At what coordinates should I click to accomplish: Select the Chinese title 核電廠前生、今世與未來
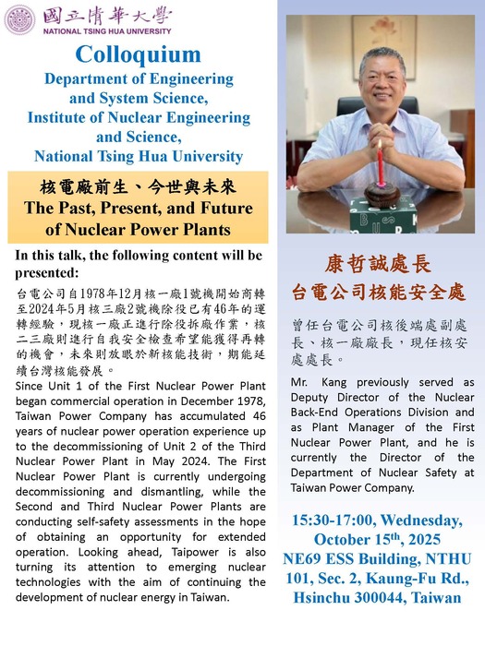tap(138, 184)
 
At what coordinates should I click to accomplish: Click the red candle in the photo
tap(380, 164)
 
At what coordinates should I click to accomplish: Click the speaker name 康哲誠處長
tap(379, 264)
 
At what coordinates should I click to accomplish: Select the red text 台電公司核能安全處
tap(379, 293)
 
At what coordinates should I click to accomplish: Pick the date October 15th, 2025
tap(379, 540)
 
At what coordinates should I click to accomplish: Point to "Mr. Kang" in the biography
tap(318, 381)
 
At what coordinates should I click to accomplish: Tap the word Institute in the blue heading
tap(59, 117)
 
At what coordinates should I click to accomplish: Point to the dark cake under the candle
tap(379, 192)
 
